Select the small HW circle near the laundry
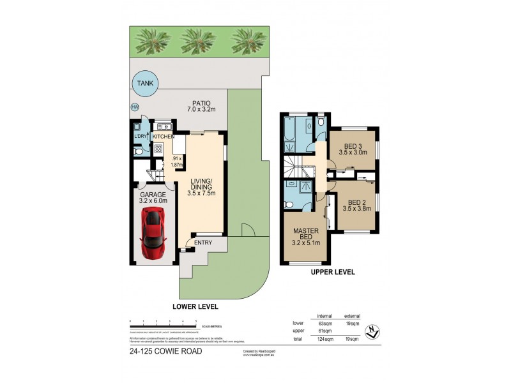point(135,107)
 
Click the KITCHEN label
point(163,137)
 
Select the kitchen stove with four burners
point(157,149)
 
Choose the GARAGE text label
point(153,194)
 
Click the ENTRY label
point(202,242)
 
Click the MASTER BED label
point(305,234)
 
